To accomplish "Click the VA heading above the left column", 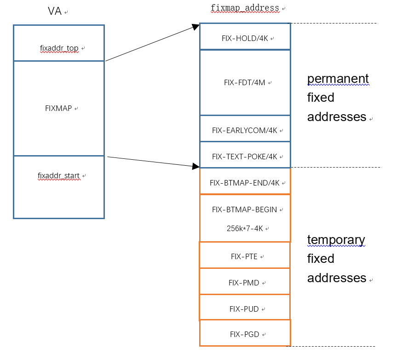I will click(x=55, y=12).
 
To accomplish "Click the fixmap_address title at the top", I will click(x=245, y=8).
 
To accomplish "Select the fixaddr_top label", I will click(x=59, y=48).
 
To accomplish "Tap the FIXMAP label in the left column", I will click(x=58, y=109).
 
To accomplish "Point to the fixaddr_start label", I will click(x=58, y=176).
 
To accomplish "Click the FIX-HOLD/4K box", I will click(x=245, y=39).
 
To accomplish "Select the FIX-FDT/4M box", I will click(x=245, y=83).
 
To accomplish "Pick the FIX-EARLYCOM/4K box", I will click(x=245, y=130).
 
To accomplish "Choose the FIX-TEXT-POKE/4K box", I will click(x=245, y=157).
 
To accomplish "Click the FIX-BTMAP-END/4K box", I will click(x=245, y=183).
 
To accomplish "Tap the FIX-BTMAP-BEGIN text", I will click(x=245, y=210).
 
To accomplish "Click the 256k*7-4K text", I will click(x=245, y=228).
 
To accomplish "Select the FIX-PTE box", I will click(x=245, y=256).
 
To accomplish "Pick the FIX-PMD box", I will click(x=245, y=283).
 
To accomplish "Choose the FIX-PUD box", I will click(x=245, y=309).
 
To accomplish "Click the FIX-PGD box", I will click(x=245, y=335).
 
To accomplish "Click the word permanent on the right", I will click(x=338, y=79).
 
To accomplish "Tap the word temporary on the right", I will click(x=336, y=240).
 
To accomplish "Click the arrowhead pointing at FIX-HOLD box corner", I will click(x=195, y=27).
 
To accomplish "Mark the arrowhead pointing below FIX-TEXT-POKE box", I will click(x=195, y=165).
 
